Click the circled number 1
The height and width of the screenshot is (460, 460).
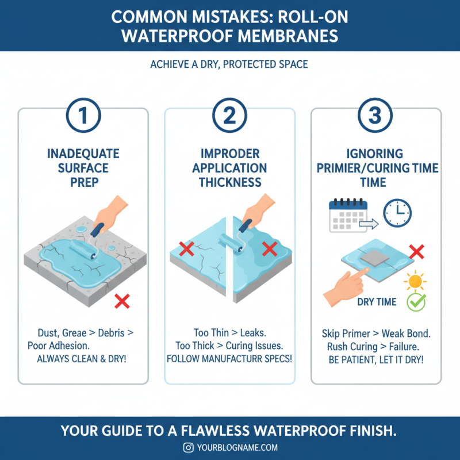(x=83, y=117)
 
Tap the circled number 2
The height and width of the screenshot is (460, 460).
(x=229, y=117)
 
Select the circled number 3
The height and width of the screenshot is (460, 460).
(x=375, y=117)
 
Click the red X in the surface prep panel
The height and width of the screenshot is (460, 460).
(x=121, y=300)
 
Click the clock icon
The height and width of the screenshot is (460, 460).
(x=397, y=213)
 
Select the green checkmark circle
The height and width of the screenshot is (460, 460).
(x=416, y=302)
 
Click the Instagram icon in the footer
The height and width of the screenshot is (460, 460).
(x=187, y=447)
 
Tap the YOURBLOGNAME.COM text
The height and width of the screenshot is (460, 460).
(x=237, y=447)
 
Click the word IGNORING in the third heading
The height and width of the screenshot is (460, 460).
(x=375, y=154)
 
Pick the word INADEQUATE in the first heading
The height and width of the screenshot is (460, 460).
(x=83, y=154)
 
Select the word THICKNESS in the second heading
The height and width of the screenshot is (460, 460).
(x=230, y=182)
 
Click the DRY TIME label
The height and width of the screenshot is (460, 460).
(x=377, y=302)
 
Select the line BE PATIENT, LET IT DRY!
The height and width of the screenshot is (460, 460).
(x=375, y=359)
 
